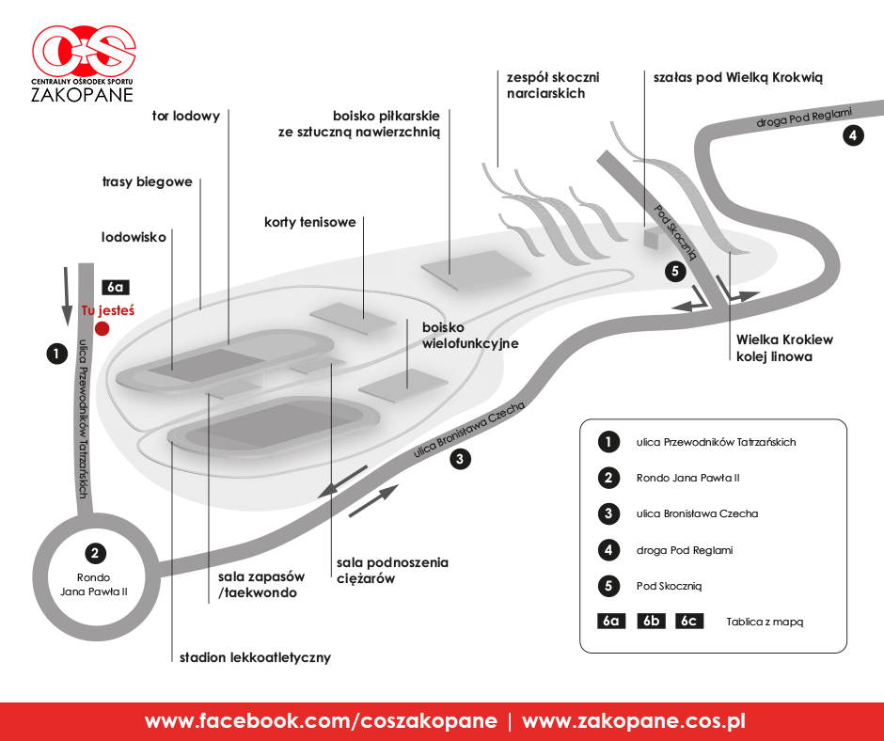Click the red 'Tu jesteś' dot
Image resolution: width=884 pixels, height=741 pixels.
tap(103, 328)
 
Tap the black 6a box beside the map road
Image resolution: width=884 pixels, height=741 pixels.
tap(116, 287)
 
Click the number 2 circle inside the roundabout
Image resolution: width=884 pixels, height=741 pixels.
tap(95, 553)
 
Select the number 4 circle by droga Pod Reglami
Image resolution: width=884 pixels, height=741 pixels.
tap(853, 135)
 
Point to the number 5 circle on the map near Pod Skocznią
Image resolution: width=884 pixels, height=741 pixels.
tap(675, 272)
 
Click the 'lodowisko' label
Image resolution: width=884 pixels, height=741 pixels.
tap(134, 237)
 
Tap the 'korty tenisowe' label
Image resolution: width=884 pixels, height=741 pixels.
tap(310, 222)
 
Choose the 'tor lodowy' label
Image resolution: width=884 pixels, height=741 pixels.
tap(186, 117)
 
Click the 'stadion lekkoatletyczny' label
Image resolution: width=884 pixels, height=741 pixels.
tap(255, 657)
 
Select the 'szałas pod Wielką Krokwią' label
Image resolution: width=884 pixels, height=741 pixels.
tap(738, 78)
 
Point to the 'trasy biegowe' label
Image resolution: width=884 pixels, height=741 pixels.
tap(147, 182)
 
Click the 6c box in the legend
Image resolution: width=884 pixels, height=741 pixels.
tap(689, 621)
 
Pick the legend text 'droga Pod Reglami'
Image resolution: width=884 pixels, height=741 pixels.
tap(685, 550)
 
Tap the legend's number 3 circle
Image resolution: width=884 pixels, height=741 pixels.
tap(608, 513)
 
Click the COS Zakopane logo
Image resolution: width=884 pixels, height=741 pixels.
tap(84, 64)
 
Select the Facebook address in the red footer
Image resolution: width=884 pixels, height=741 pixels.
tap(321, 721)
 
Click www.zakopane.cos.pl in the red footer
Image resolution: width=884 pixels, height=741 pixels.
tap(634, 721)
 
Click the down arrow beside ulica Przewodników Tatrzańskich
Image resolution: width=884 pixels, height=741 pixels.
tap(67, 296)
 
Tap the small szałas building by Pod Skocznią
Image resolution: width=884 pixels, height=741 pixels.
tap(651, 237)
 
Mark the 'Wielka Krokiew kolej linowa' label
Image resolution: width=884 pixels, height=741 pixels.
tap(784, 348)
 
